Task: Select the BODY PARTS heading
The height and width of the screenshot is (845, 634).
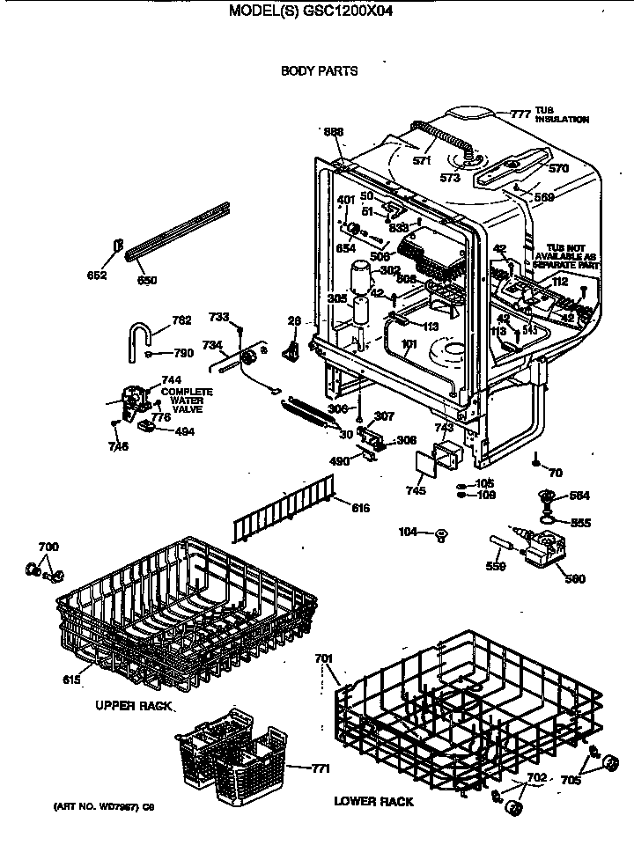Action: [319, 71]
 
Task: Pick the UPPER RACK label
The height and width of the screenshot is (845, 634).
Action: [134, 707]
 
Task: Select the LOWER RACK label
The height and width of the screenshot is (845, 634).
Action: [373, 802]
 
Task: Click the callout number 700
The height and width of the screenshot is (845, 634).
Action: [48, 547]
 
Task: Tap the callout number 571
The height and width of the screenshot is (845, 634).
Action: [423, 161]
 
